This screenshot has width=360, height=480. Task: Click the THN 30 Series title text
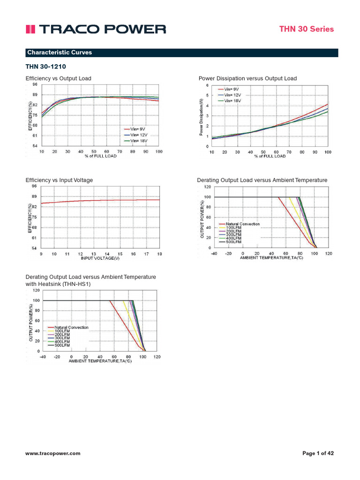(x=313, y=29)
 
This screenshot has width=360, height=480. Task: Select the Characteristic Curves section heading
(x=60, y=52)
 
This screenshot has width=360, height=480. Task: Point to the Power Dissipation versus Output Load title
(x=247, y=78)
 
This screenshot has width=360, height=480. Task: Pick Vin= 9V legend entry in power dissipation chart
(x=231, y=89)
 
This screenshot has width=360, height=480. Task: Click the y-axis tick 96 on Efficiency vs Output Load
(x=35, y=85)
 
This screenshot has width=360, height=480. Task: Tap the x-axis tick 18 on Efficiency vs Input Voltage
(x=159, y=254)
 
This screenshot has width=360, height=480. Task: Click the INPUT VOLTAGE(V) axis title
(x=100, y=258)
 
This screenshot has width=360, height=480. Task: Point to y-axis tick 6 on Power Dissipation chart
(x=208, y=85)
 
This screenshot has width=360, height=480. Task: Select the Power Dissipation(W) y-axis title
(x=201, y=117)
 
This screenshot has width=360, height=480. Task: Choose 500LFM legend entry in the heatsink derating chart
(x=62, y=345)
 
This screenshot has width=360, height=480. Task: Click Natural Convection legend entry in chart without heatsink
(x=242, y=224)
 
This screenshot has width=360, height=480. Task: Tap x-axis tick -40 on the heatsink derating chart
(x=42, y=357)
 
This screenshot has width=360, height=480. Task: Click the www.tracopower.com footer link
(x=52, y=453)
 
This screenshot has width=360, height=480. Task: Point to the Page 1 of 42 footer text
(x=318, y=453)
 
